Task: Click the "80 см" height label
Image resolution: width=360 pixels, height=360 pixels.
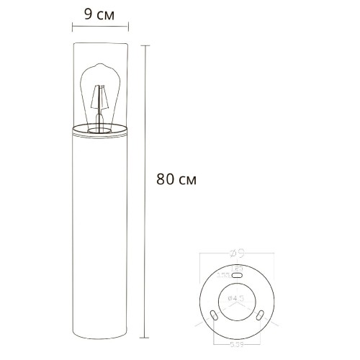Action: tap(176, 178)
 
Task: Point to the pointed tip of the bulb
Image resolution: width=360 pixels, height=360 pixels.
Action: tap(99, 67)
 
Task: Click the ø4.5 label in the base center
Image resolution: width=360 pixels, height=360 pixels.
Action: tap(238, 297)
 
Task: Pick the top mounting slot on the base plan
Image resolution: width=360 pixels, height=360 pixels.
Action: tap(238, 276)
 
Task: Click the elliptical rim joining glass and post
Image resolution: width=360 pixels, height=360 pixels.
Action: tap(101, 131)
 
